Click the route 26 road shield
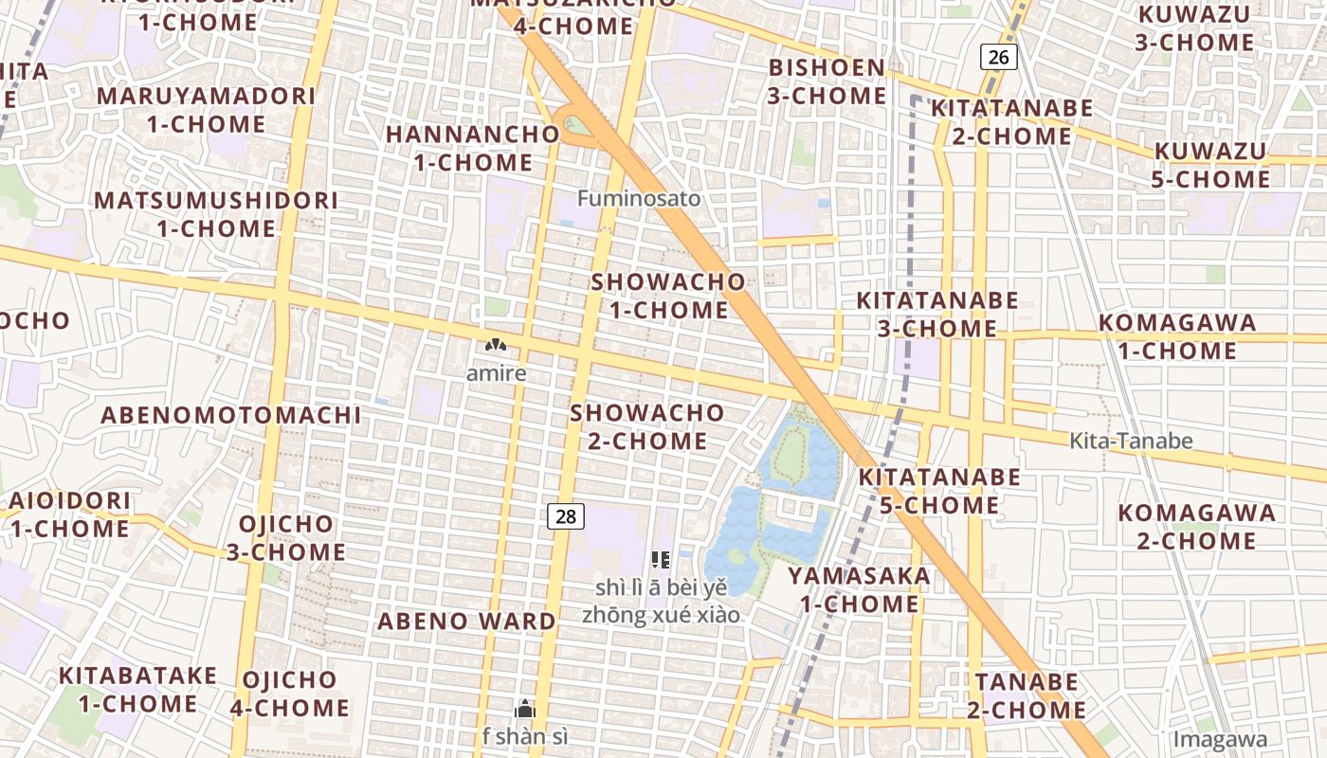(x=998, y=57)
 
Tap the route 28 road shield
(x=566, y=516)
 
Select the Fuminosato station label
(x=639, y=198)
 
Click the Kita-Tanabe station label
(x=1131, y=441)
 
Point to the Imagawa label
(x=1219, y=739)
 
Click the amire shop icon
(x=495, y=346)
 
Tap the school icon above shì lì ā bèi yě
(x=661, y=559)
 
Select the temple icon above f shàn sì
(x=524, y=709)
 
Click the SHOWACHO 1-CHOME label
(x=668, y=296)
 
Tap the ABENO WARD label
(x=466, y=622)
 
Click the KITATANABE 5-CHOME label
(x=939, y=491)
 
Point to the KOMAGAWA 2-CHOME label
(x=1196, y=527)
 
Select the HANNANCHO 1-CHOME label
(x=473, y=148)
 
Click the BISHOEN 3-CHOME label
(x=827, y=81)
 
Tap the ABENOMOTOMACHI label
(x=231, y=415)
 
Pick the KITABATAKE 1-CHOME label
(x=137, y=689)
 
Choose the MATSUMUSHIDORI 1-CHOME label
(x=216, y=214)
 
